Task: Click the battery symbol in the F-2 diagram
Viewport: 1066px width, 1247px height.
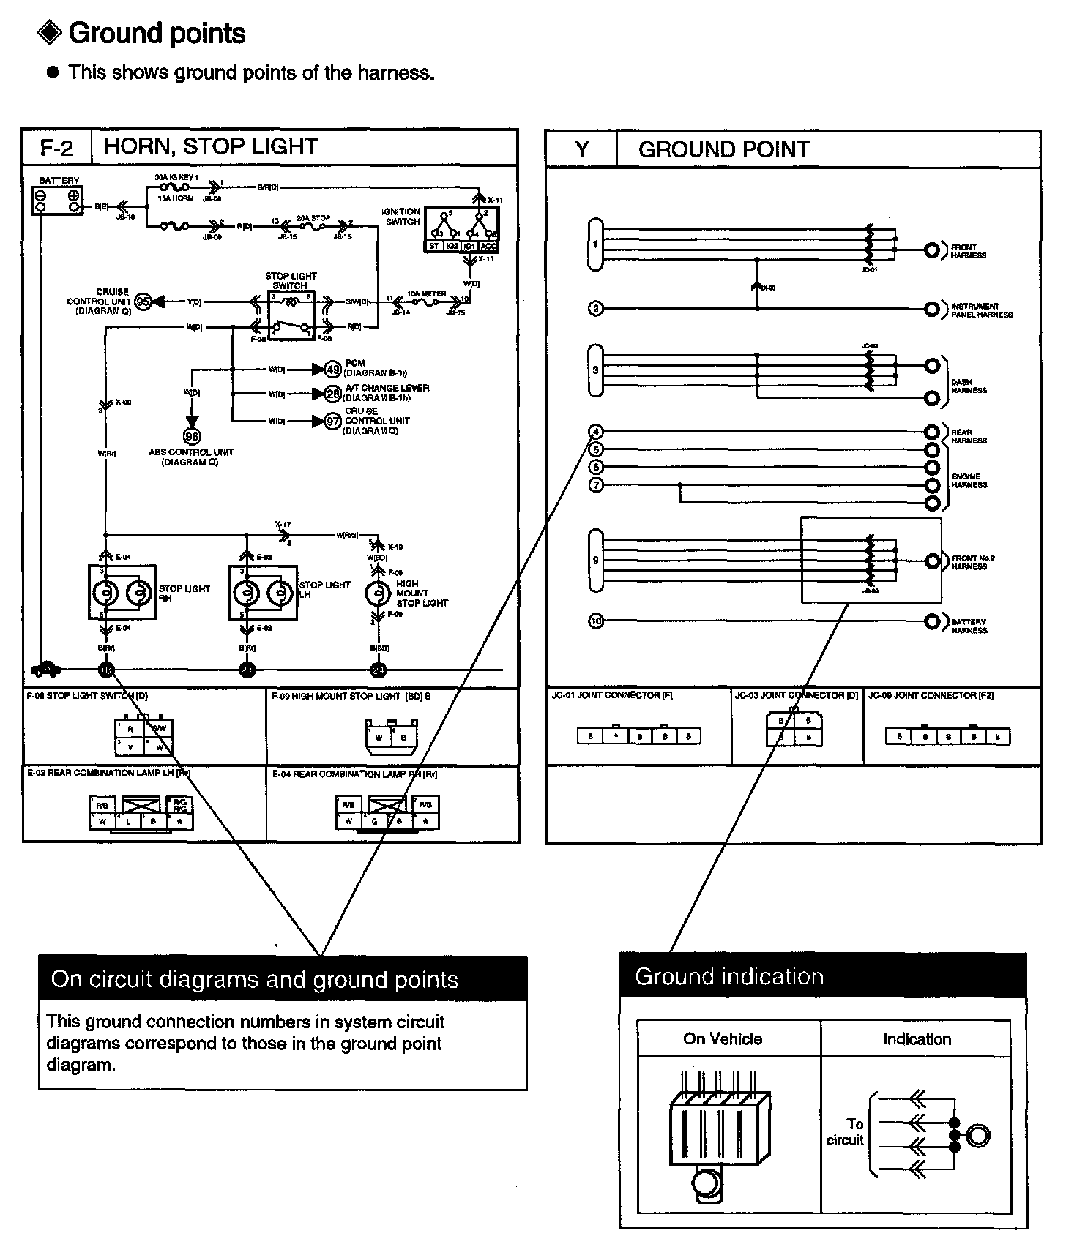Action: point(57,200)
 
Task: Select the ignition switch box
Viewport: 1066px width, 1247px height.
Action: point(461,230)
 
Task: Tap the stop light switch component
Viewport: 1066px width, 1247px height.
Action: point(291,315)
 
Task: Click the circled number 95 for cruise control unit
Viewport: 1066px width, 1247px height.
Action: point(143,302)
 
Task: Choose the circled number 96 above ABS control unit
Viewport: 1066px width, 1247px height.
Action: point(192,437)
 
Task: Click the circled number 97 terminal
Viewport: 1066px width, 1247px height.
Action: point(333,421)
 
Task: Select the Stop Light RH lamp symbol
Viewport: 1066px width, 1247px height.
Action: point(122,593)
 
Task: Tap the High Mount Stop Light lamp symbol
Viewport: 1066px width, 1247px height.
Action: point(378,593)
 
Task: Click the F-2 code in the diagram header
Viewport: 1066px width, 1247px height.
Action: point(57,148)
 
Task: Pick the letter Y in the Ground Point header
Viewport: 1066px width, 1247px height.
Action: point(581,149)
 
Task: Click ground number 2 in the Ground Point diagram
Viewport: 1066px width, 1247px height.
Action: point(596,309)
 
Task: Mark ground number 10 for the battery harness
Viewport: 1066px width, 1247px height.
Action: point(596,622)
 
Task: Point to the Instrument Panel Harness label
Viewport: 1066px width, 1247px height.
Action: point(981,310)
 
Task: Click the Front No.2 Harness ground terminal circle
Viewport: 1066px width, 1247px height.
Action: point(932,561)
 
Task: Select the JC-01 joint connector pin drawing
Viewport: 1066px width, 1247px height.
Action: point(638,735)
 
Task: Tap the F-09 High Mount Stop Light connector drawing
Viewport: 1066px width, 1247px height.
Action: point(390,734)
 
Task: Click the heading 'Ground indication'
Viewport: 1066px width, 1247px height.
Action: point(729,976)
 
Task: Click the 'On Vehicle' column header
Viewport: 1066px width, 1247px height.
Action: point(723,1038)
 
